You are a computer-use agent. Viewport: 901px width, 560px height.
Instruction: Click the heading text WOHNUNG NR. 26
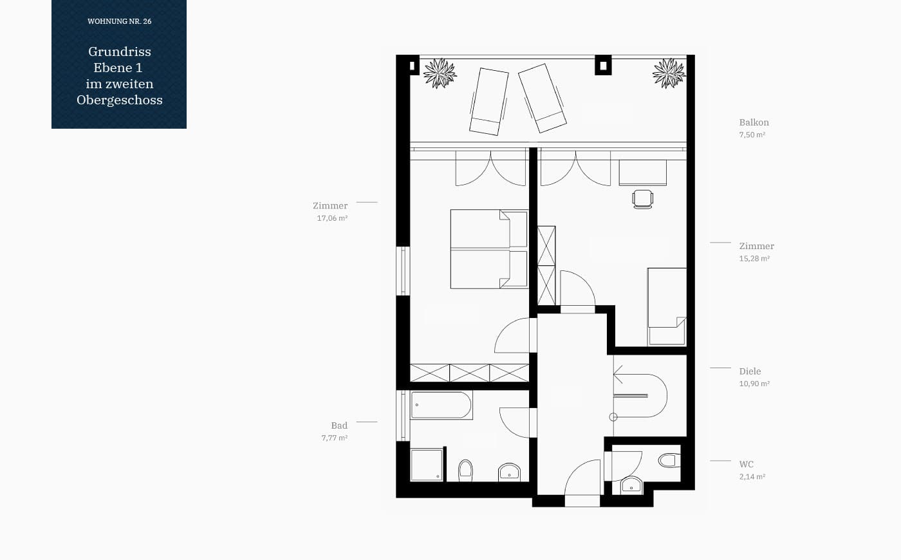tap(120, 21)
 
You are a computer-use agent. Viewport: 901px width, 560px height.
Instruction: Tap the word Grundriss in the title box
tap(120, 51)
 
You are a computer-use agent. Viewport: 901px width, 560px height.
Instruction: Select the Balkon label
tap(754, 122)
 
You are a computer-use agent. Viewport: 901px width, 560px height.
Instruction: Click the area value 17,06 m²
tap(332, 218)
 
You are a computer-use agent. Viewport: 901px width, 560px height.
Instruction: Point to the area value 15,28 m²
tap(754, 258)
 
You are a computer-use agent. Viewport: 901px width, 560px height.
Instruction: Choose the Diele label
tap(750, 371)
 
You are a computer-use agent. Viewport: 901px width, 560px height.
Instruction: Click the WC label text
tap(746, 464)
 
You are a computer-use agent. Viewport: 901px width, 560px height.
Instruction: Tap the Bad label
tap(339, 425)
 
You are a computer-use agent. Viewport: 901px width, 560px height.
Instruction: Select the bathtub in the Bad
tap(441, 405)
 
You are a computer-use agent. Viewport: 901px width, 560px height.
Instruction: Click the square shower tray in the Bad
tap(427, 465)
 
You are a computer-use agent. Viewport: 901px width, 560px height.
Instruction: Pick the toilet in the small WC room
tap(669, 460)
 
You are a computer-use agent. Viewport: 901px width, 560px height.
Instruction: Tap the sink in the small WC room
tap(631, 485)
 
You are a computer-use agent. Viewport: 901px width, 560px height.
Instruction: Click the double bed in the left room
tap(489, 249)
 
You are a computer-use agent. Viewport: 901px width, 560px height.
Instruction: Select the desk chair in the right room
tap(643, 199)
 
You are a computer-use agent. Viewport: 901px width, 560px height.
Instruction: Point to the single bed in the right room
tap(667, 306)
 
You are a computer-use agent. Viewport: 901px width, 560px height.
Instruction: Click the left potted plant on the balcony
tap(440, 73)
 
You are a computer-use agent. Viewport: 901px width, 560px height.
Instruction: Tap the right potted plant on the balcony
tap(669, 73)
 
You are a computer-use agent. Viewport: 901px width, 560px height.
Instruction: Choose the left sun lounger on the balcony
tap(488, 102)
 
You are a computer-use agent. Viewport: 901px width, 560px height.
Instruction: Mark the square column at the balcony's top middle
tap(603, 65)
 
